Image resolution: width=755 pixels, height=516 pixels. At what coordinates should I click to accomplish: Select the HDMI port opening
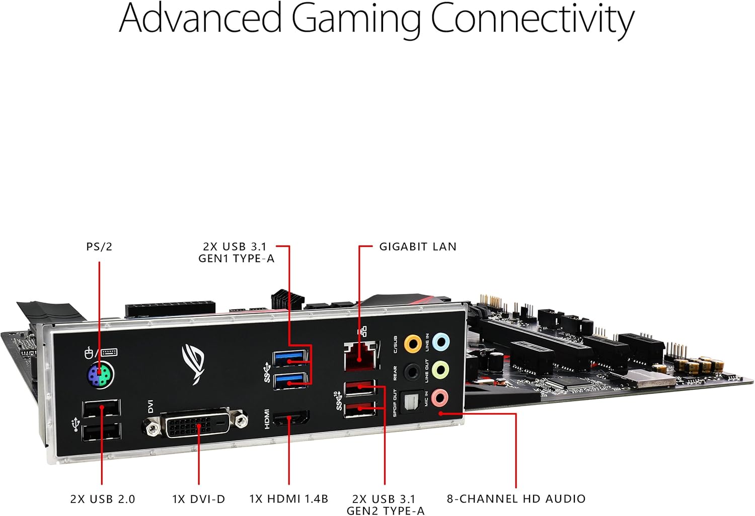tap(290, 418)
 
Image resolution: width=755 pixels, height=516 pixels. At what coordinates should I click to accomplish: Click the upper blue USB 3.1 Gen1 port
tap(290, 358)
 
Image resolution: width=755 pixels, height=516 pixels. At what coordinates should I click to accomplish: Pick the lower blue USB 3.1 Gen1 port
tap(290, 381)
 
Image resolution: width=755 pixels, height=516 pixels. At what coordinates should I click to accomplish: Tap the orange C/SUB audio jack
tap(413, 344)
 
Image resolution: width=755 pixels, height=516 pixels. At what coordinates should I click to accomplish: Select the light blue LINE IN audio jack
tap(441, 342)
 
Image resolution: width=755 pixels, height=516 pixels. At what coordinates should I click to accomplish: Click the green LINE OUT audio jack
tap(440, 370)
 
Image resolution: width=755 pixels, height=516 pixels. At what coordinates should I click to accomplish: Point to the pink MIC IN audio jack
tap(440, 397)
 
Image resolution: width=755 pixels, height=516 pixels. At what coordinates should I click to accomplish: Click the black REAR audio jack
tap(413, 372)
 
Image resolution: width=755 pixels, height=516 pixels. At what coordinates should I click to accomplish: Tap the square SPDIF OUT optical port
tap(412, 402)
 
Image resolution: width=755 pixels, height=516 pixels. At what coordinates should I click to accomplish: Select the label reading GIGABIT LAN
tap(417, 247)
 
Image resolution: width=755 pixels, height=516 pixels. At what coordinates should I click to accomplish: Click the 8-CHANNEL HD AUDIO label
tap(516, 499)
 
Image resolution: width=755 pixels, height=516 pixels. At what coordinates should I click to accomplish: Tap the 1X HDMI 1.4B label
tap(288, 499)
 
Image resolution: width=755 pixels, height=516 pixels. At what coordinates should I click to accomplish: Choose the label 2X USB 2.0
tap(103, 499)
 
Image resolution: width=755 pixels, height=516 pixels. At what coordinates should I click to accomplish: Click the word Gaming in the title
tap(355, 19)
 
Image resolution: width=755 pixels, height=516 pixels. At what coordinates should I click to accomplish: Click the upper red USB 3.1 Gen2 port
tap(360, 389)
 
